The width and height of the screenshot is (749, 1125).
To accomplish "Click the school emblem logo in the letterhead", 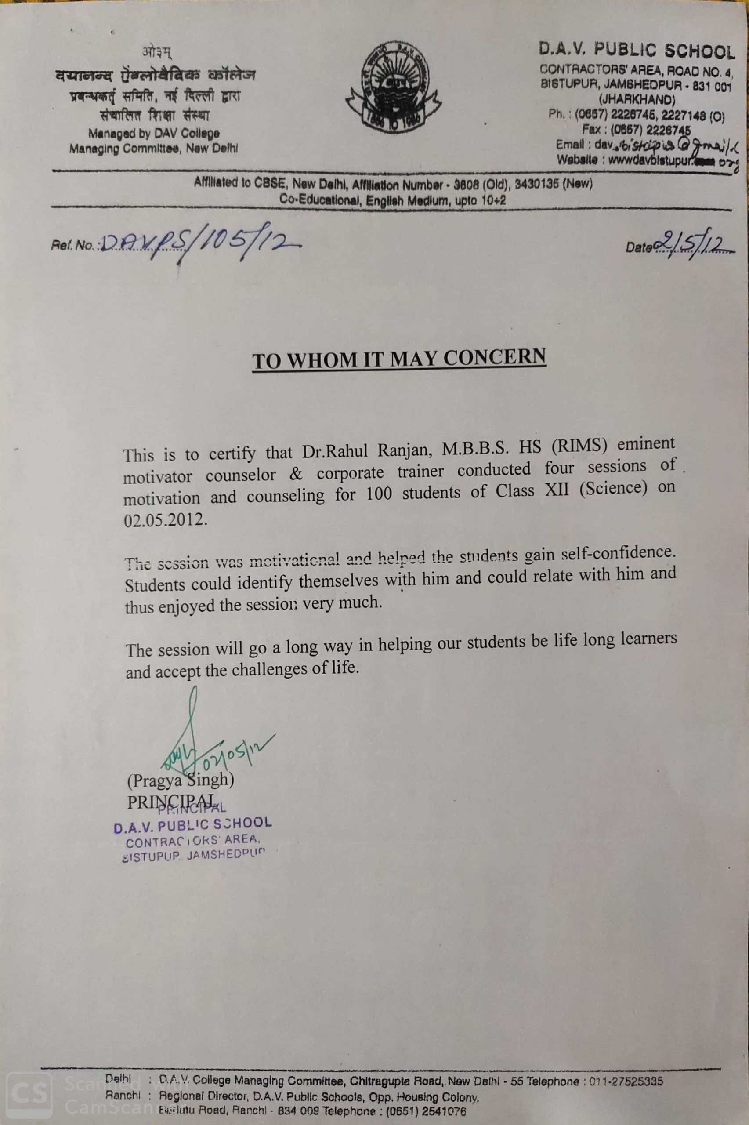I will (x=393, y=87).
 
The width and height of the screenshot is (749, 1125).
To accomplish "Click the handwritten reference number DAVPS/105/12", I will (x=198, y=244).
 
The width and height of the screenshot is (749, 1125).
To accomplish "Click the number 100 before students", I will (x=379, y=494).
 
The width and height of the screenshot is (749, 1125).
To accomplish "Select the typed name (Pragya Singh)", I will (x=181, y=780).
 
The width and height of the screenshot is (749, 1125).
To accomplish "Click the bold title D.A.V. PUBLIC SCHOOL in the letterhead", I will (x=637, y=51).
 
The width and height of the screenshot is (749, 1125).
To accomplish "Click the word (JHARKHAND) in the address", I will (x=636, y=100).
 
